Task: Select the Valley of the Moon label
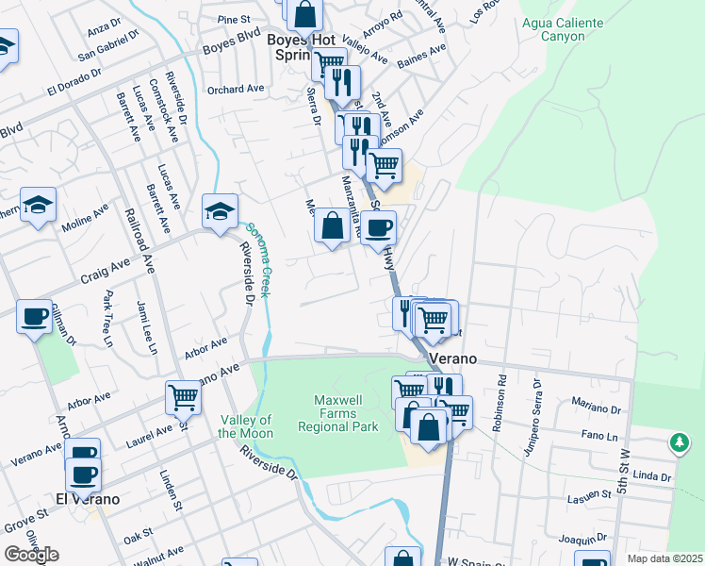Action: pyautogui.click(x=245, y=426)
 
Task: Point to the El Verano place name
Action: pyautogui.click(x=87, y=499)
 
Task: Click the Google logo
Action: pyautogui.click(x=31, y=555)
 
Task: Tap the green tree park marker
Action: pyautogui.click(x=680, y=441)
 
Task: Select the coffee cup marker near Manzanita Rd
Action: pyautogui.click(x=379, y=227)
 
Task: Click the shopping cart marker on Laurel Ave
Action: pyautogui.click(x=183, y=396)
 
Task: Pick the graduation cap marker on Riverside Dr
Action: pyautogui.click(x=220, y=210)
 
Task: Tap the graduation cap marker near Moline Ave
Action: pyautogui.click(x=38, y=205)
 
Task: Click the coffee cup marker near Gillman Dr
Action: pyautogui.click(x=34, y=316)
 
